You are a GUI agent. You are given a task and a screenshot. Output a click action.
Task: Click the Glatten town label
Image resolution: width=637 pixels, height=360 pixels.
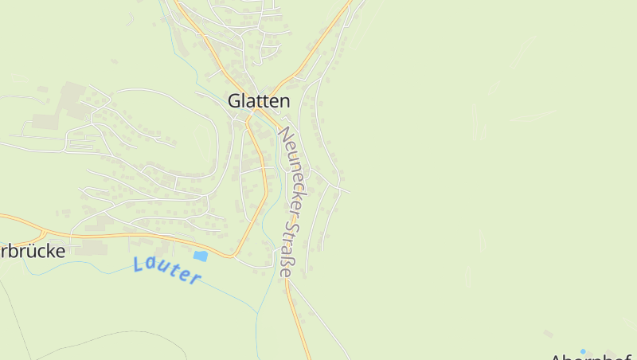pos(259,101)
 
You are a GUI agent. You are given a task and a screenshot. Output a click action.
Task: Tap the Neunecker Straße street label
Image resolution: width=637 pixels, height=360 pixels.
pos(287,202)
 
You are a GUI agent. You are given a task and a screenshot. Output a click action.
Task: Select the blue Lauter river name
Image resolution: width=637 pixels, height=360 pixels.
pos(167,270)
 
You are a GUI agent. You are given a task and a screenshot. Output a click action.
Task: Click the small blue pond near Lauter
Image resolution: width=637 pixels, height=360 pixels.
pos(200,256)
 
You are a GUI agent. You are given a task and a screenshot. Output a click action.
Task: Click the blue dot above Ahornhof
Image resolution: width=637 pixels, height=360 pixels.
pos(583,350)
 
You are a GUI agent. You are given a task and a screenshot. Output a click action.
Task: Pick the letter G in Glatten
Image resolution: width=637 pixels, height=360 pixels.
pos(234,101)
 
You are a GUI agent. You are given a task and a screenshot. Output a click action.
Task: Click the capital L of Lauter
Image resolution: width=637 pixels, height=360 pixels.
pos(139,264)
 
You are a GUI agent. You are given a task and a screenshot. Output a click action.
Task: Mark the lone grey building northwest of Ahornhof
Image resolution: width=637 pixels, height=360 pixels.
pos(547,333)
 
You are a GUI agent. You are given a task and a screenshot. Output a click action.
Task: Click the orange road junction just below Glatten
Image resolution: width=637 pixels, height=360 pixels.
pos(251,119)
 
